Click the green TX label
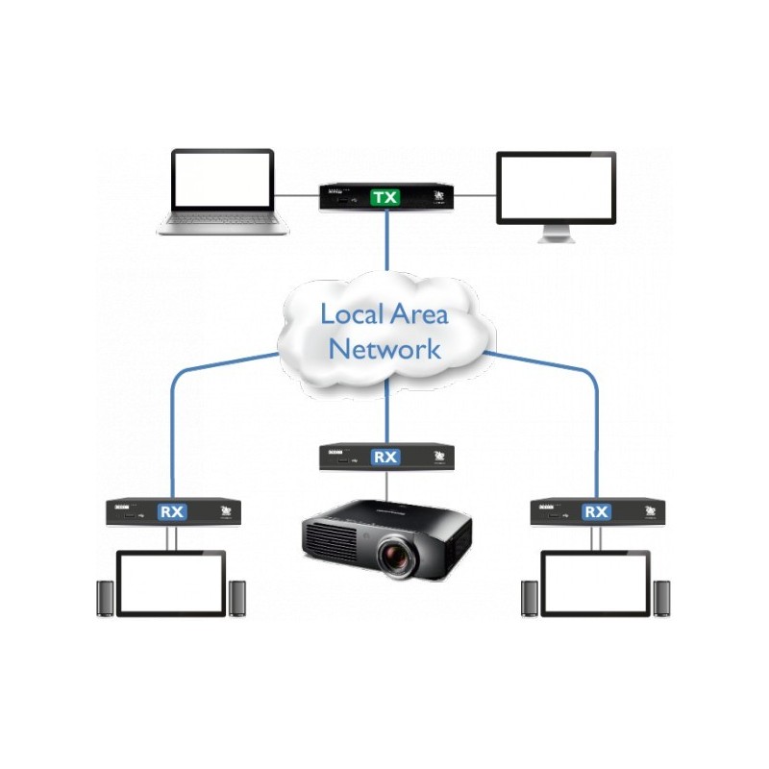coord(385,198)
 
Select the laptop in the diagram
coord(223,192)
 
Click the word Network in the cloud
coord(384,348)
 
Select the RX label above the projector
coord(385,458)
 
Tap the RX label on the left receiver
coord(173,511)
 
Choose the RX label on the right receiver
coord(596,511)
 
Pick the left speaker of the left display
coord(104,598)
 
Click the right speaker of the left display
coord(237,598)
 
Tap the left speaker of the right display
coord(529,598)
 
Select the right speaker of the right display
coord(661,598)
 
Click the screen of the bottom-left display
coord(171,583)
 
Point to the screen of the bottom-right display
coord(596,583)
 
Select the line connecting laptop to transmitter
coord(298,195)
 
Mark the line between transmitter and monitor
coord(473,195)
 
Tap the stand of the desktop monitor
coord(555,235)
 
